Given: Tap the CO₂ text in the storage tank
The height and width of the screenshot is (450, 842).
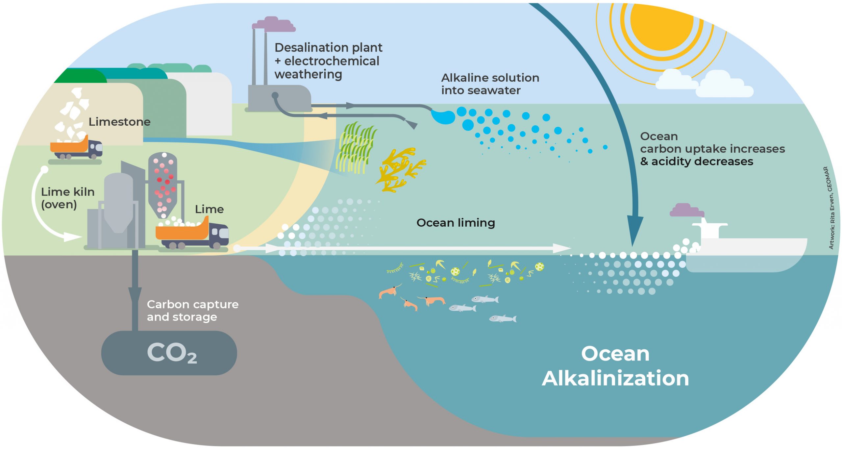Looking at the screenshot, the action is (x=172, y=353).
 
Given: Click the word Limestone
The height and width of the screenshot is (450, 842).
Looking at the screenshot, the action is (x=119, y=122).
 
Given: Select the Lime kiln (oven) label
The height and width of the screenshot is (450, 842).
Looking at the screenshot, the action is (x=68, y=198).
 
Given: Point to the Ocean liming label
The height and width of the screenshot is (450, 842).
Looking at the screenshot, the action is (x=456, y=223).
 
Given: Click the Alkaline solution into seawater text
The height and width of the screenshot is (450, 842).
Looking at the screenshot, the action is (x=490, y=84).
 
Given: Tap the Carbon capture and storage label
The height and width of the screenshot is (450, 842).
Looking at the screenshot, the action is (x=192, y=311).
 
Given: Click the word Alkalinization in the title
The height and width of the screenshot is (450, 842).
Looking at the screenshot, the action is (x=615, y=378).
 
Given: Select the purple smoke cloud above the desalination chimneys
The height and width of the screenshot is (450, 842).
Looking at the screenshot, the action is (x=274, y=24).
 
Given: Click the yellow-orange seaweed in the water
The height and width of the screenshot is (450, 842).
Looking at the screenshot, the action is (x=401, y=169).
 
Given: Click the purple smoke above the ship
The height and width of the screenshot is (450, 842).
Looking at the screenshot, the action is (x=687, y=210).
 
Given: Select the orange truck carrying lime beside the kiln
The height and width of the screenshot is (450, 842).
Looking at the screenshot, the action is (x=192, y=234).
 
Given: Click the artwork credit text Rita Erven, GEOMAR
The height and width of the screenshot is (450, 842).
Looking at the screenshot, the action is (x=831, y=208).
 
